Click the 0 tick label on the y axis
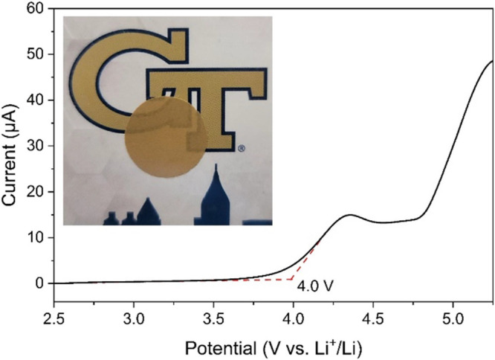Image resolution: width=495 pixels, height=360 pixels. click(x=41, y=283)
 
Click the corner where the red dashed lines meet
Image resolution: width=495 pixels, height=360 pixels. click(x=293, y=279)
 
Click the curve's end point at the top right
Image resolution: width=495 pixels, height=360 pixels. click(x=493, y=61)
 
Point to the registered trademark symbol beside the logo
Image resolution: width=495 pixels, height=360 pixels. click(x=241, y=148)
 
